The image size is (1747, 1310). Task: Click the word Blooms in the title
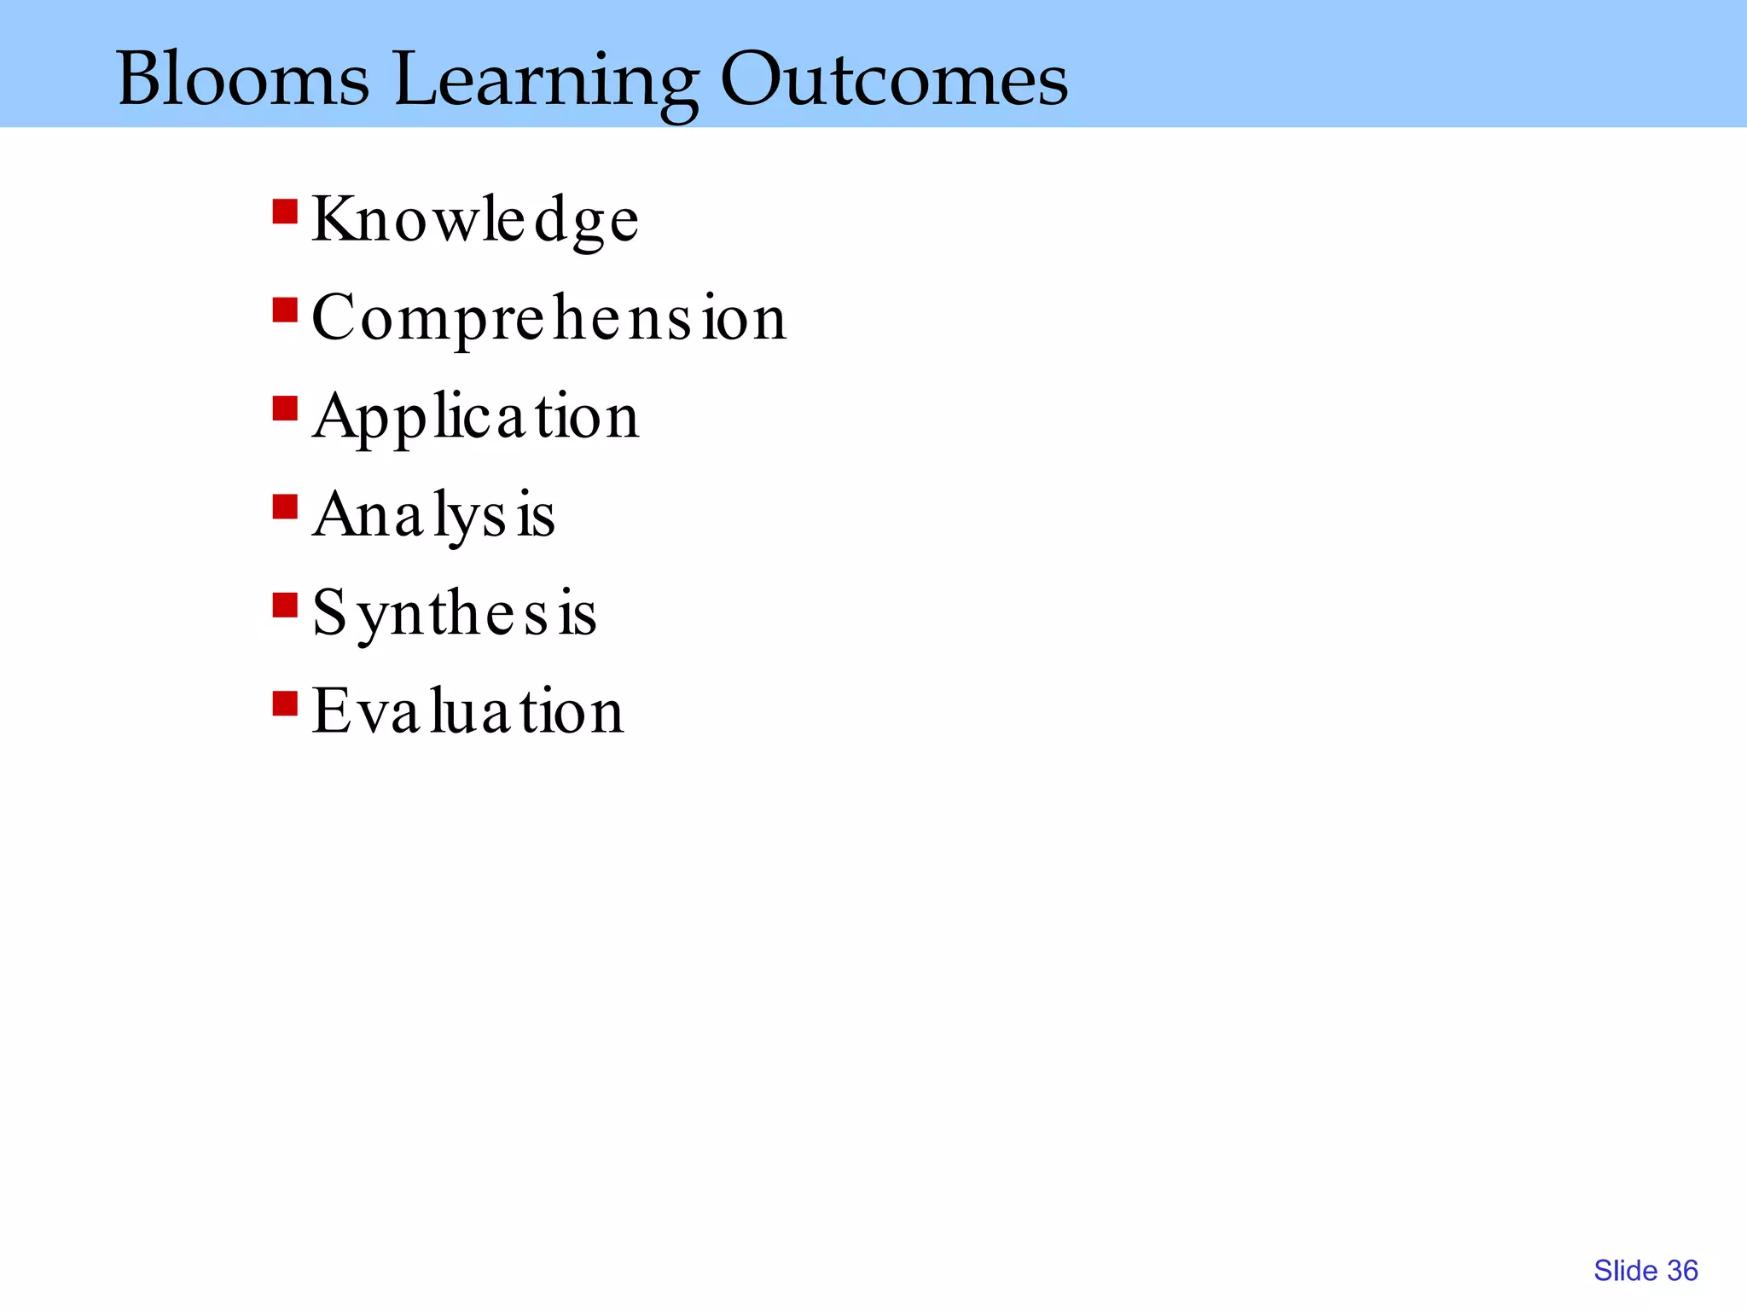click(243, 78)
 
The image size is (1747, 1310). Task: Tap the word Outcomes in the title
click(894, 78)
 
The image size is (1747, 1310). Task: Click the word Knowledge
click(474, 220)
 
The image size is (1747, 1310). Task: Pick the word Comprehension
click(548, 319)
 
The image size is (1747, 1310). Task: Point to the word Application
click(475, 418)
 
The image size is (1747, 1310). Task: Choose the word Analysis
click(433, 516)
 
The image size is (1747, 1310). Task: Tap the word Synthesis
click(454, 614)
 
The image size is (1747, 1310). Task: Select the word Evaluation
click(467, 712)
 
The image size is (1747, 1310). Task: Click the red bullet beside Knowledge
click(285, 211)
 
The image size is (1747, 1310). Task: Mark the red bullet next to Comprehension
click(285, 310)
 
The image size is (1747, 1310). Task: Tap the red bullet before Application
click(285, 409)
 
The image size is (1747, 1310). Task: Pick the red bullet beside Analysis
click(285, 507)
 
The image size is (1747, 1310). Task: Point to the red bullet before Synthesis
click(285, 606)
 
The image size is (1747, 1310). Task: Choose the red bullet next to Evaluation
click(285, 704)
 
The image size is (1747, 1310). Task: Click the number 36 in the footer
click(1682, 1271)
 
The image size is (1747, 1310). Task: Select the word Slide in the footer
click(1625, 1271)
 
